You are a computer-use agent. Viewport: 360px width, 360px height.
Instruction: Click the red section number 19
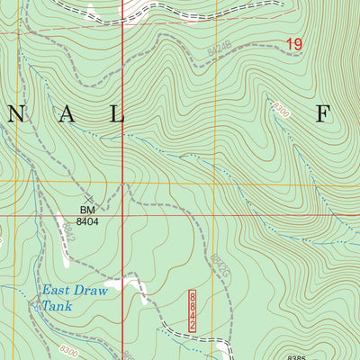pyautogui.click(x=294, y=43)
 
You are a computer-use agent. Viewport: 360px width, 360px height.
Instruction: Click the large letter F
pyautogui.click(x=322, y=112)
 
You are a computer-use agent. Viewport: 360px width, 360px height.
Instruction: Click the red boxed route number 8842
pyautogui.click(x=192, y=310)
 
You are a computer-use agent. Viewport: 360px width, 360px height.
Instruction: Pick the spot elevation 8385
pyautogui.click(x=298, y=355)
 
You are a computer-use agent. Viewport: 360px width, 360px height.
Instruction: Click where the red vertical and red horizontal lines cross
pyautogui.click(x=122, y=216)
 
